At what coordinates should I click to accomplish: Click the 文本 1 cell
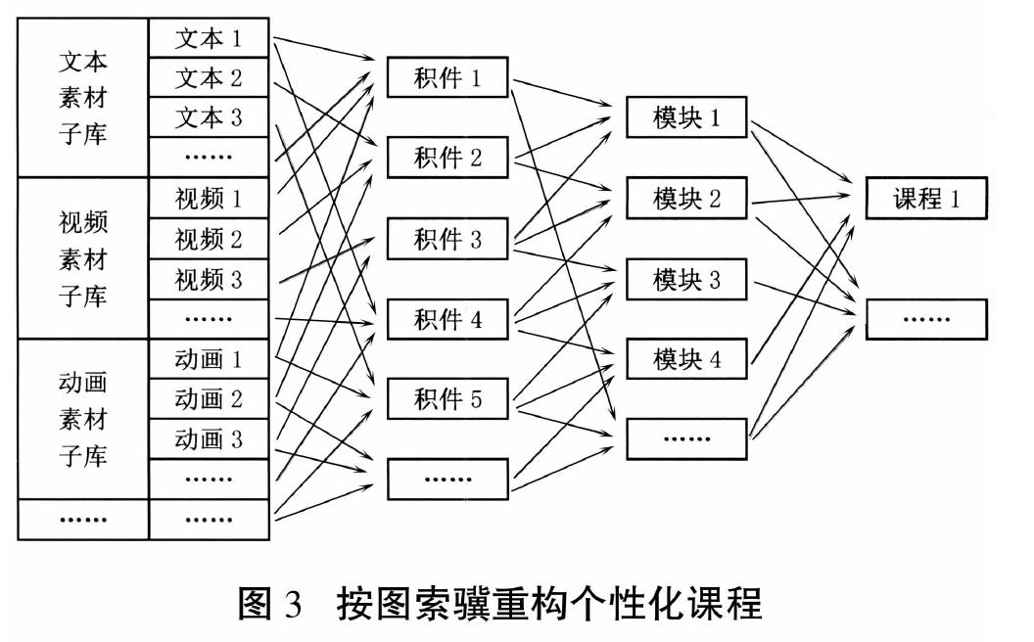coord(209,38)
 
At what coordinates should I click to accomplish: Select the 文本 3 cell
coord(209,117)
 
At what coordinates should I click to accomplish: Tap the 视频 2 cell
coord(209,239)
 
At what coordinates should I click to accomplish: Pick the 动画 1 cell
coord(209,359)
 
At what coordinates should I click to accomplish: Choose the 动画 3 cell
coord(209,439)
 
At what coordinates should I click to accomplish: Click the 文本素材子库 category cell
coord(83,98)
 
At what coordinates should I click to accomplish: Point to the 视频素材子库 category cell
coord(83,258)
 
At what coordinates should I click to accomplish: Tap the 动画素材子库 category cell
coord(83,419)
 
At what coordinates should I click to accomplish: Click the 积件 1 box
coord(447,77)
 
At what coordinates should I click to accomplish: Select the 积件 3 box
coord(447,239)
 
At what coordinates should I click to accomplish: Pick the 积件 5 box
coord(447,398)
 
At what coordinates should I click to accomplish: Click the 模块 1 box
coord(686,117)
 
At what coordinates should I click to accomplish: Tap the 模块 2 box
coord(686,198)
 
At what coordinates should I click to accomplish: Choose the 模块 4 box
coord(686,359)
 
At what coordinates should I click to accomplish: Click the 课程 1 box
coord(926,198)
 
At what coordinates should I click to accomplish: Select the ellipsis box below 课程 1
coord(926,320)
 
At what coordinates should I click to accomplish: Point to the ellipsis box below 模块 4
coord(686,439)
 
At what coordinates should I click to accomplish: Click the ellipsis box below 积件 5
coord(447,480)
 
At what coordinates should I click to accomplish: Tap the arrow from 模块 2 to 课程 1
coord(801,199)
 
